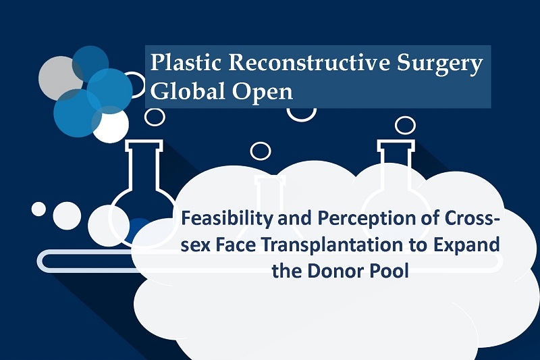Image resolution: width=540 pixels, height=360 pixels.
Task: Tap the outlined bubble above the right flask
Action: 406,125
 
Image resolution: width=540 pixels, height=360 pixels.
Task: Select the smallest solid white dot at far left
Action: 38,209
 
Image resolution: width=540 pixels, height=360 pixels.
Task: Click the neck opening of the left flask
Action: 144,143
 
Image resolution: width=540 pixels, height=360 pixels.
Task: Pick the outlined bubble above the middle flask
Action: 261,151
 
